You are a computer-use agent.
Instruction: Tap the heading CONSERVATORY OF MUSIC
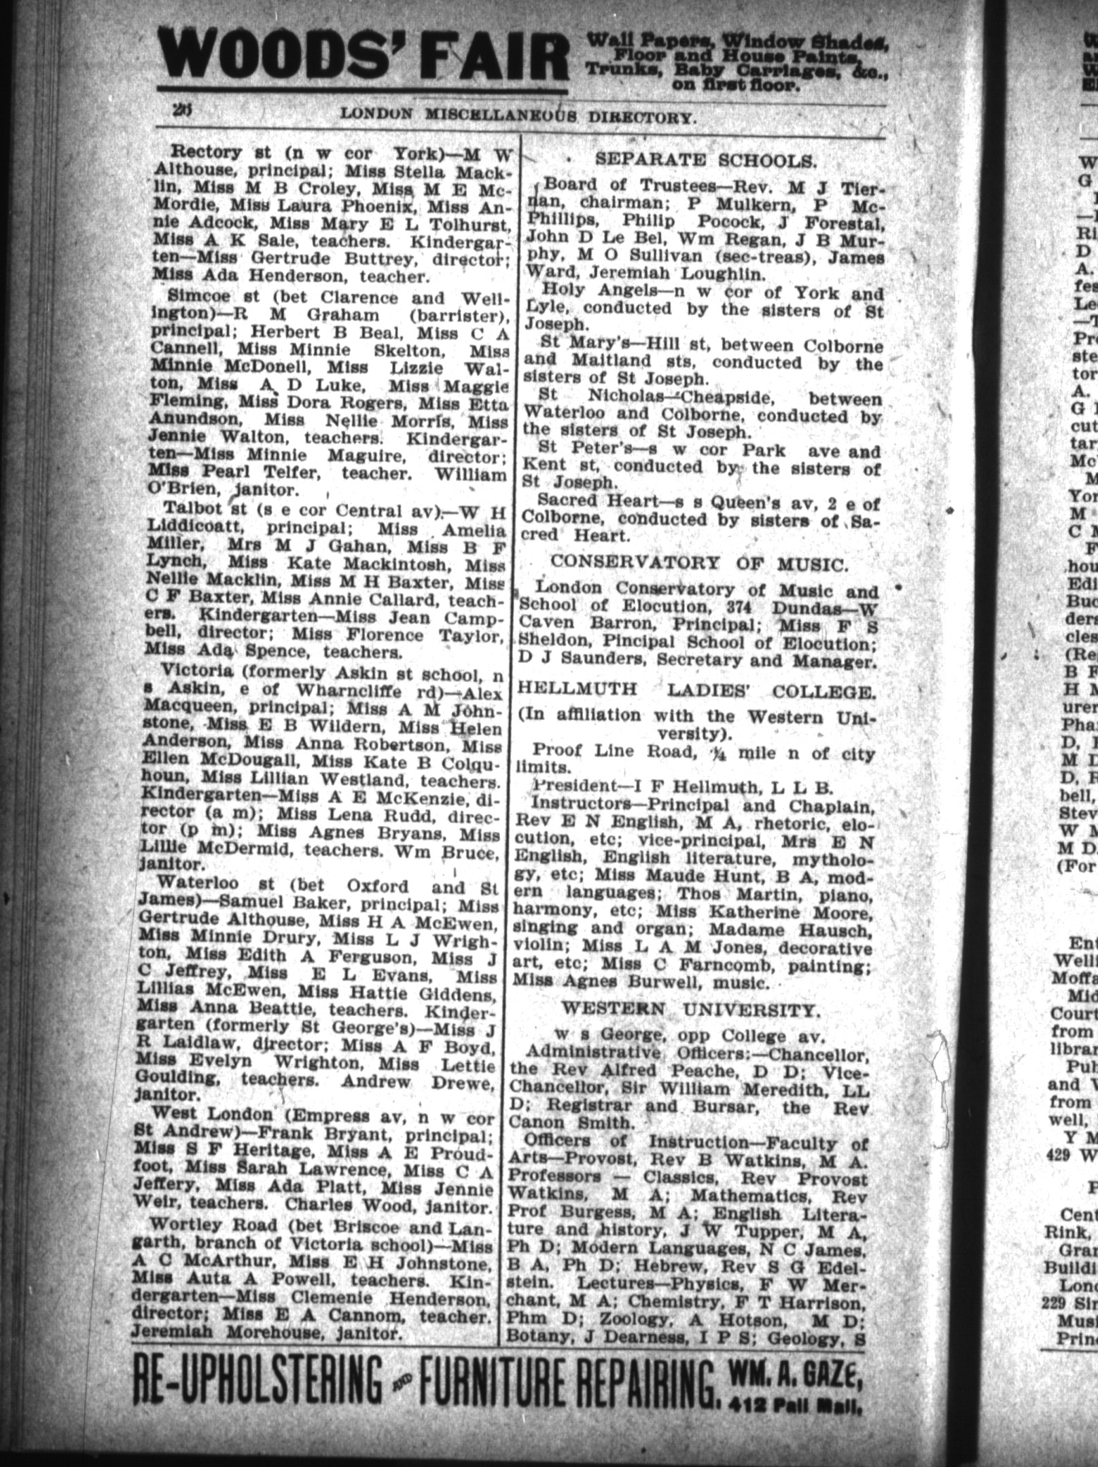pyautogui.click(x=699, y=562)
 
